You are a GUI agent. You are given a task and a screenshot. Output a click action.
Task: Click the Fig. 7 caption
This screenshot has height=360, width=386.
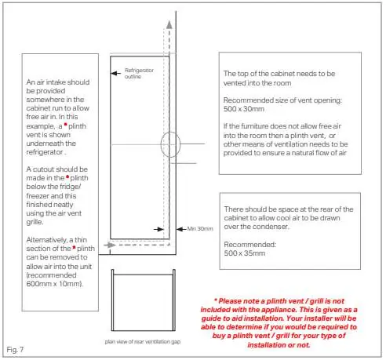click(15, 350)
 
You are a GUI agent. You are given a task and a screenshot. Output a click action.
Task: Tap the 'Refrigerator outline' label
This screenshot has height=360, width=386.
click(139, 74)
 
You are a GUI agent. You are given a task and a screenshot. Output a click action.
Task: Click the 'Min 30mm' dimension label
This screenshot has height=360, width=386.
click(200, 229)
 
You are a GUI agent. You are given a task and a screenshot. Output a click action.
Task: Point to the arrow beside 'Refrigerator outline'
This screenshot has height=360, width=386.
click(115, 73)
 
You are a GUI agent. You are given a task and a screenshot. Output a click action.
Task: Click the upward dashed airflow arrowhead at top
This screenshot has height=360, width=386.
click(169, 24)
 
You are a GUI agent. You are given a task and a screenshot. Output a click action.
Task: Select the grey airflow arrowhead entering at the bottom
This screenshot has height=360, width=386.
click(110, 245)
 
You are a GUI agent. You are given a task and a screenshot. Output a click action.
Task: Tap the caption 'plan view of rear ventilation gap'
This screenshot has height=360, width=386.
click(143, 342)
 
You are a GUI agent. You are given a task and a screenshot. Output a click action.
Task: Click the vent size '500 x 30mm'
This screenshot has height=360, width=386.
click(244, 109)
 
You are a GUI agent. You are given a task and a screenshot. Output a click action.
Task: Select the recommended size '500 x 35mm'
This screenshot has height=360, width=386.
click(245, 253)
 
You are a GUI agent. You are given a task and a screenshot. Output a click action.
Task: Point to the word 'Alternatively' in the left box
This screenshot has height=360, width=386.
click(46, 240)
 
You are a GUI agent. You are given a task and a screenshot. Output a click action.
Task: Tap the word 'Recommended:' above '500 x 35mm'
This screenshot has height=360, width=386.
click(249, 245)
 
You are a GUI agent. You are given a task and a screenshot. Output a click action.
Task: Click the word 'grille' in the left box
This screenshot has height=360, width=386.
click(35, 222)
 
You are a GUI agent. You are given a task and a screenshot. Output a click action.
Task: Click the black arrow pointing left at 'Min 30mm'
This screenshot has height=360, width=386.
click(181, 229)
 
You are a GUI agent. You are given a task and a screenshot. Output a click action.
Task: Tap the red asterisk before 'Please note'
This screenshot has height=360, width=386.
click(216, 300)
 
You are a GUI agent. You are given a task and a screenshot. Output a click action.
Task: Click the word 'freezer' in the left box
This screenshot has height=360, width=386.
click(38, 196)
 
